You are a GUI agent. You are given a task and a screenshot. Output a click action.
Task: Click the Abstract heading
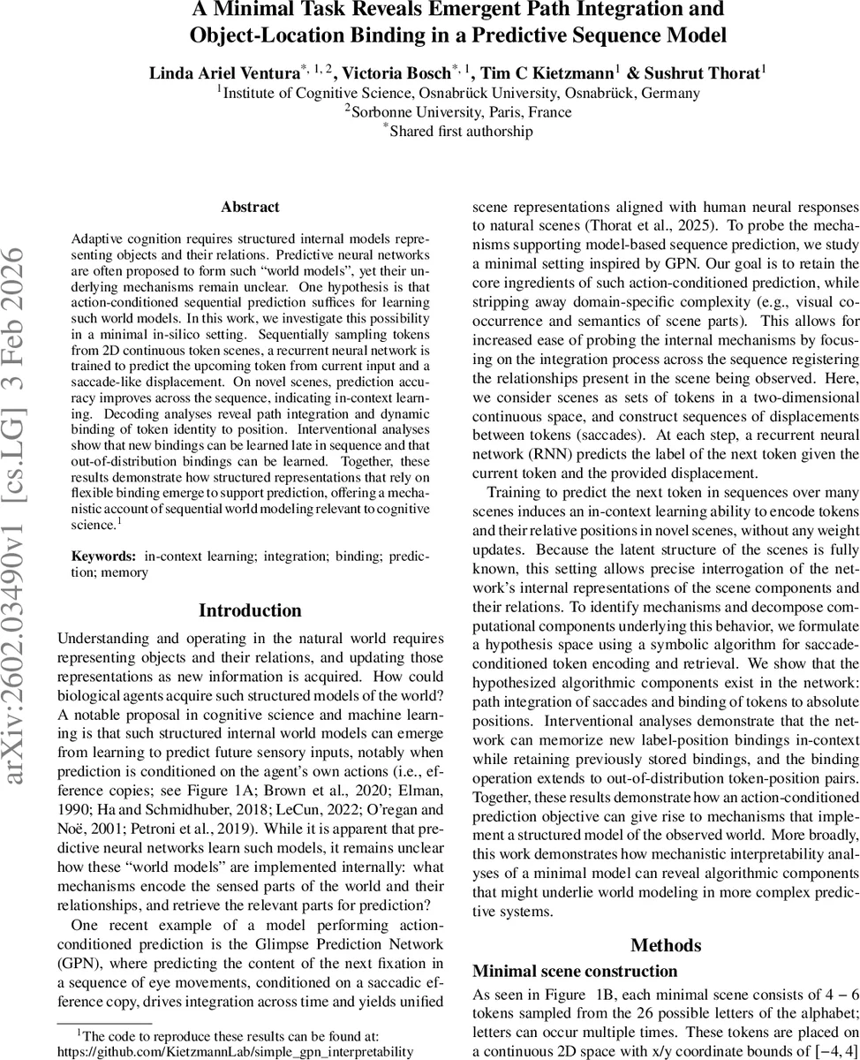click(250, 208)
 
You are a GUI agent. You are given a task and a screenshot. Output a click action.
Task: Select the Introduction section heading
click(250, 610)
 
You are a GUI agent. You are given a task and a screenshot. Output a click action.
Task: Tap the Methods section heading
click(666, 945)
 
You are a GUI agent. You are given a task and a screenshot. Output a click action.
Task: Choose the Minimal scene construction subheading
click(563, 971)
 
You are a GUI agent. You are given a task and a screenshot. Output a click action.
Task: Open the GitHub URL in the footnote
click(235, 1051)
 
